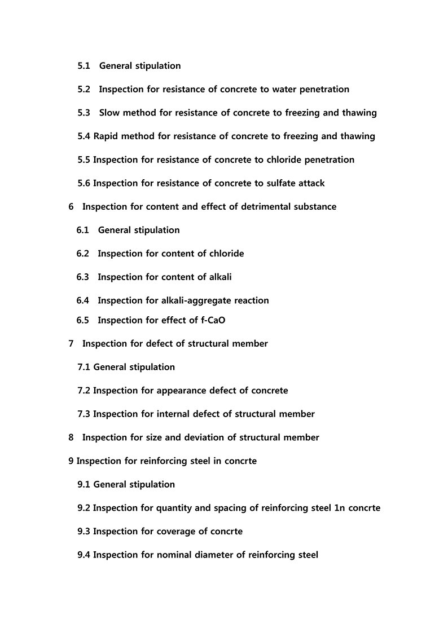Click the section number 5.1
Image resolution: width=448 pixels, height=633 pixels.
pos(84,66)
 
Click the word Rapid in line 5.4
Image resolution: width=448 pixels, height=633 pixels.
pos(106,136)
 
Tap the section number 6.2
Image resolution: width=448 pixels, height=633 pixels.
pos(83,254)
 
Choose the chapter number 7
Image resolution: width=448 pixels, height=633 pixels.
pos(71,343)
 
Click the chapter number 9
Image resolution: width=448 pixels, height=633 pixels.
pos(71,461)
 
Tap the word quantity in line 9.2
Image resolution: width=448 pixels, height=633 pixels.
pos(174,508)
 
